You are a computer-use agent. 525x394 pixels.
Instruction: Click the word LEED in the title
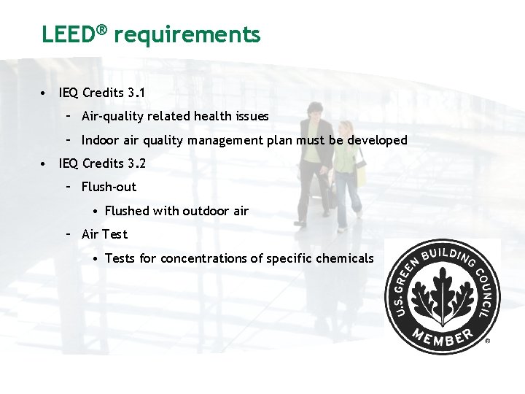tap(70, 34)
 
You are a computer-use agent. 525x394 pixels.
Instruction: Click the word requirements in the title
tap(187, 34)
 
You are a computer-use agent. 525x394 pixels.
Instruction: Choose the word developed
tap(376, 140)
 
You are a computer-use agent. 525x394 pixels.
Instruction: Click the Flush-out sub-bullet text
tap(109, 187)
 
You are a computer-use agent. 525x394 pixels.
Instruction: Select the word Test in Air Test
tap(115, 234)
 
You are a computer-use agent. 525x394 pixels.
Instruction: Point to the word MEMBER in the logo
tap(441, 338)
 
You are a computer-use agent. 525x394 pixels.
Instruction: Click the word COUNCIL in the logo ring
tap(486, 292)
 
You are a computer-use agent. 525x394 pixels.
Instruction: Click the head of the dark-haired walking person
tap(314, 111)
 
